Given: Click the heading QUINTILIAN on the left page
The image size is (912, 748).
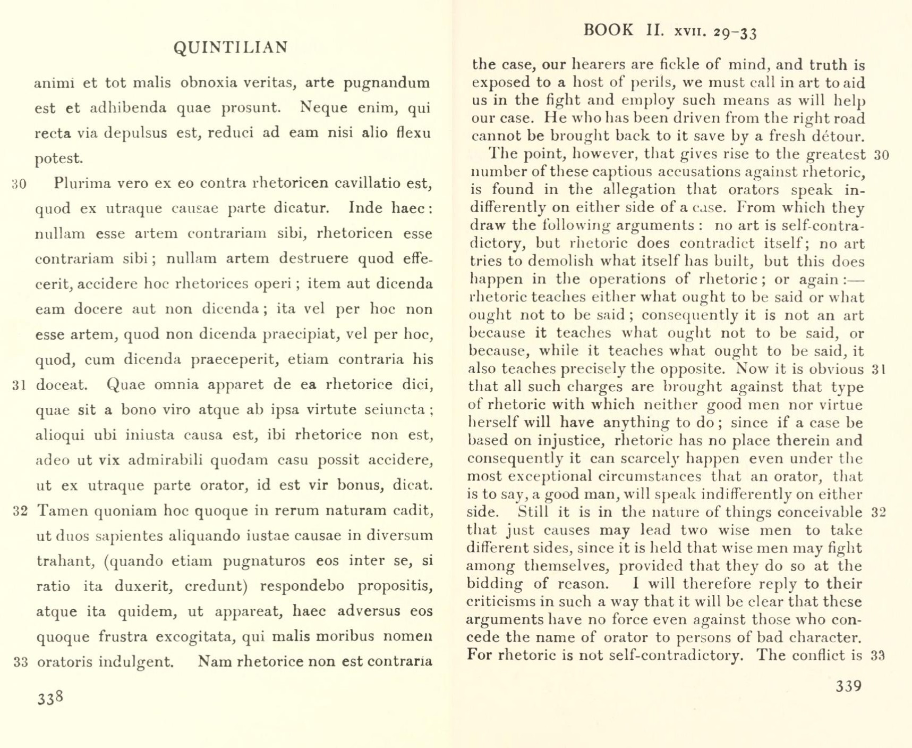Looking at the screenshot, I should (231, 47).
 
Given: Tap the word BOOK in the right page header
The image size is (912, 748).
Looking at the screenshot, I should (608, 30).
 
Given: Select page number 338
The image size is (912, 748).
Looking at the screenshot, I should (50, 698).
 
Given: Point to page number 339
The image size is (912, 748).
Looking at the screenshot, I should (848, 686).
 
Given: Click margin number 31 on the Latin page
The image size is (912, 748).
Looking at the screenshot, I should (19, 385).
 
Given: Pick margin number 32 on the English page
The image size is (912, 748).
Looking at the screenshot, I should (879, 512).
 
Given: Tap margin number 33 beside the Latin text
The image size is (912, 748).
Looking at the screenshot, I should (20, 662).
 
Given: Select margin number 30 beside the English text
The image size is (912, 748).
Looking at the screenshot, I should (881, 155).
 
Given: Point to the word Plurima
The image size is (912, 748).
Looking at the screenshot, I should (82, 183).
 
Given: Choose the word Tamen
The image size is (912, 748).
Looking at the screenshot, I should (62, 511).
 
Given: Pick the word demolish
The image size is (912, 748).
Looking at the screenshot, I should (558, 262).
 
